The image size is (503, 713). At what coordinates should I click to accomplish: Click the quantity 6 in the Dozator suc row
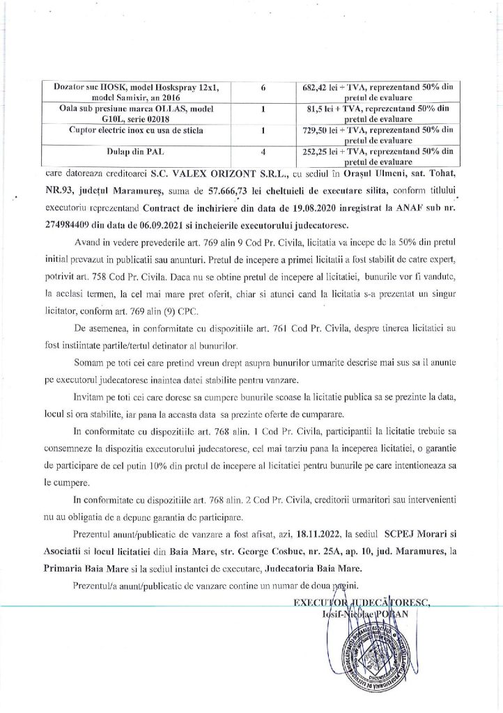tap(263, 90)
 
